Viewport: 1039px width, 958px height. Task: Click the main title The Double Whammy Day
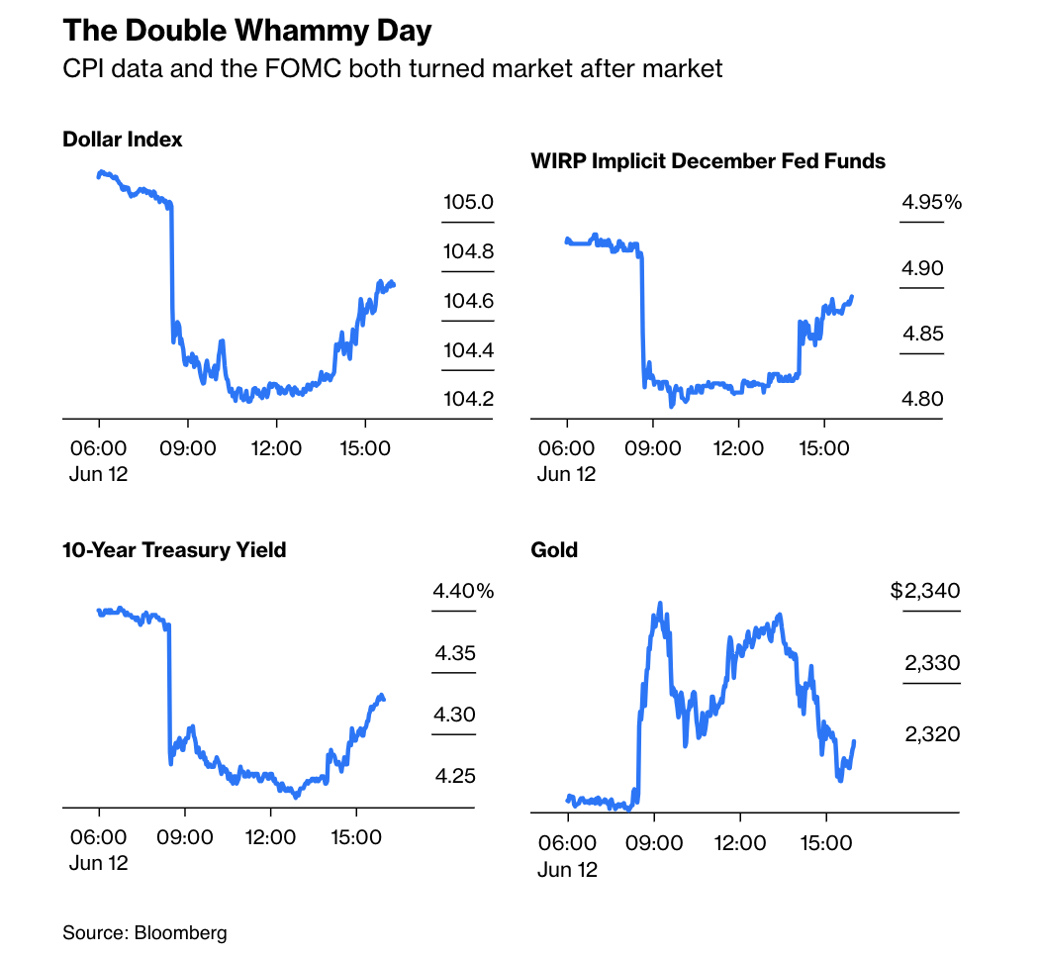247,31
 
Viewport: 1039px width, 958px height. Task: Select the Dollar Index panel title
123,140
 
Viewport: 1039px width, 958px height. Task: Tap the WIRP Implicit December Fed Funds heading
708,160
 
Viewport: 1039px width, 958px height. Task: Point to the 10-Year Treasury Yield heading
174,549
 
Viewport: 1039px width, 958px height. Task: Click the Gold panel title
554,550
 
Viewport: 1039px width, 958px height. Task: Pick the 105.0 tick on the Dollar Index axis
468,203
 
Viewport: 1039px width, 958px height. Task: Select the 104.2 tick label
468,399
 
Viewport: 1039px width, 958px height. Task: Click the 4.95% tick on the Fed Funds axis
931,203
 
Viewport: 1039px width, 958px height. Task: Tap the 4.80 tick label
922,399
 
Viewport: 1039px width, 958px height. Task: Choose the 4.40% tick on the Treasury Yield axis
462,592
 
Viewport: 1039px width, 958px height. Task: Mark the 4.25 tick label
455,775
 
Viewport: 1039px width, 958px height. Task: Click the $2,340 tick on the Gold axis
924,592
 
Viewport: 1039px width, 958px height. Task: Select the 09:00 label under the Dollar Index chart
188,448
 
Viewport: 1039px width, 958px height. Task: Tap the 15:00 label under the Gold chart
825,843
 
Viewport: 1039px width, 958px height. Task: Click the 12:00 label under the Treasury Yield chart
270,837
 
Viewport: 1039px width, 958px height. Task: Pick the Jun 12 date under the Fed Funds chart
567,474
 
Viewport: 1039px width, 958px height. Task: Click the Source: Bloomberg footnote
144,932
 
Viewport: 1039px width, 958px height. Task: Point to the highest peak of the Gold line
660,603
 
